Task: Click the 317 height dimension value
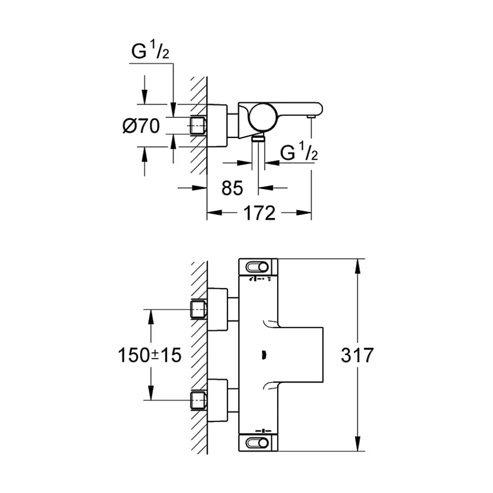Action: [x=357, y=355]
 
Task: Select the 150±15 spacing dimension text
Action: [x=150, y=355]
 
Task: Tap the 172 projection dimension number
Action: [x=259, y=213]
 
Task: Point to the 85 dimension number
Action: [x=232, y=188]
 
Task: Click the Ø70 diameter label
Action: [x=141, y=126]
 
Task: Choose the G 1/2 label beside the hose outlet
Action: [x=299, y=151]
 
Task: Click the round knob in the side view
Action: [x=263, y=117]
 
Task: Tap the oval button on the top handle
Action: [x=257, y=267]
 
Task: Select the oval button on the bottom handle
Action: [x=257, y=443]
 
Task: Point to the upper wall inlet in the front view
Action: [x=198, y=309]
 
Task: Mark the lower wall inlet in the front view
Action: [x=198, y=400]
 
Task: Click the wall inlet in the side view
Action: [x=198, y=126]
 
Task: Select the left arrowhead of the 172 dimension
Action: [x=214, y=213]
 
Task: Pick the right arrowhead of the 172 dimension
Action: [x=304, y=213]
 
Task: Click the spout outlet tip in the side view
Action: [x=311, y=117]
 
